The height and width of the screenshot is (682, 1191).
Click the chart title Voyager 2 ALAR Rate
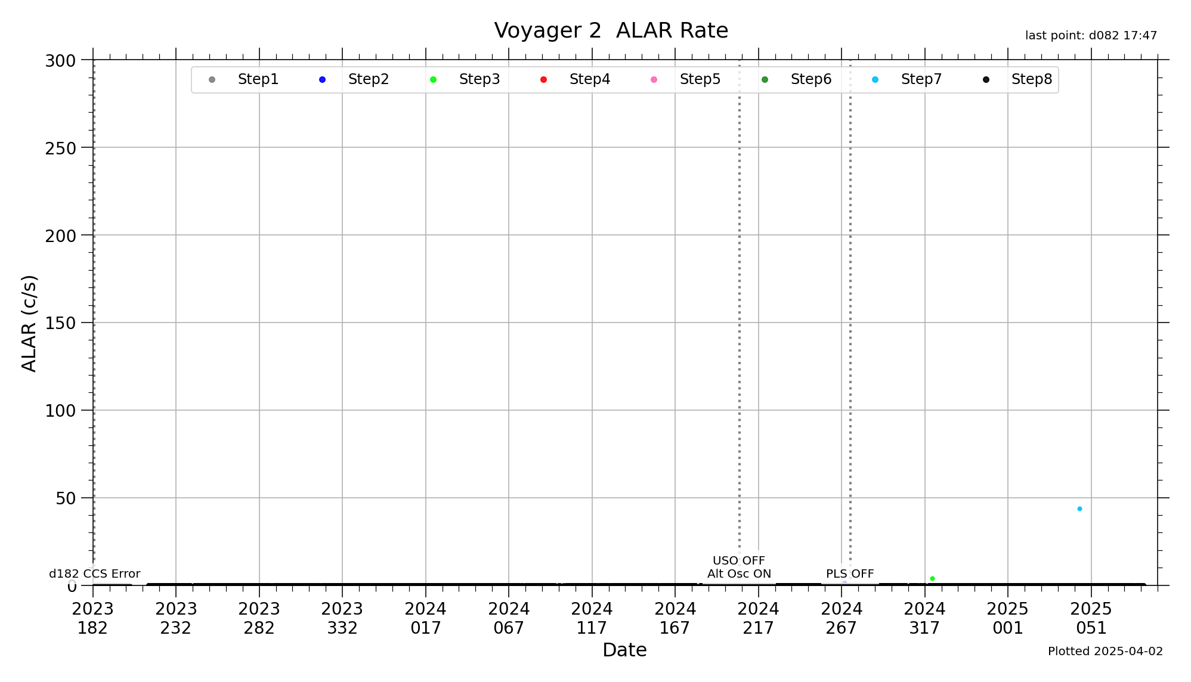click(611, 30)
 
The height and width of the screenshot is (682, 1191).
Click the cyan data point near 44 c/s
click(1079, 509)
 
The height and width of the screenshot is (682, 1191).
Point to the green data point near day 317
click(932, 578)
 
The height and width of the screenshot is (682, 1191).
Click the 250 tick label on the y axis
click(61, 148)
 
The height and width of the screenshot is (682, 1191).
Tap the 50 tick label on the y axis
click(66, 498)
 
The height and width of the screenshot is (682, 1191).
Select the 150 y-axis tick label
click(61, 323)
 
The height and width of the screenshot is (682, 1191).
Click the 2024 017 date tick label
click(425, 618)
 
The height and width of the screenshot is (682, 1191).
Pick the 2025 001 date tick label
click(1007, 618)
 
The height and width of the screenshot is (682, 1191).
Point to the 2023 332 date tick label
click(342, 618)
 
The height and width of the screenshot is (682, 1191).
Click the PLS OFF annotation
click(849, 573)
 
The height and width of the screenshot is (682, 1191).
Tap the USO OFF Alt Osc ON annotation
click(739, 567)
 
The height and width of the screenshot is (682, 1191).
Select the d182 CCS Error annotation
click(94, 573)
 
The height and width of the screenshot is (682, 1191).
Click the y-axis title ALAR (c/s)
click(29, 323)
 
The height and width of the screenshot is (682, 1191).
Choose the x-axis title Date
click(624, 650)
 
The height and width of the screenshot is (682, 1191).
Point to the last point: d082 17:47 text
click(1091, 36)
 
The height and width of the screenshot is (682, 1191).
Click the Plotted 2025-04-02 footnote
click(1105, 651)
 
